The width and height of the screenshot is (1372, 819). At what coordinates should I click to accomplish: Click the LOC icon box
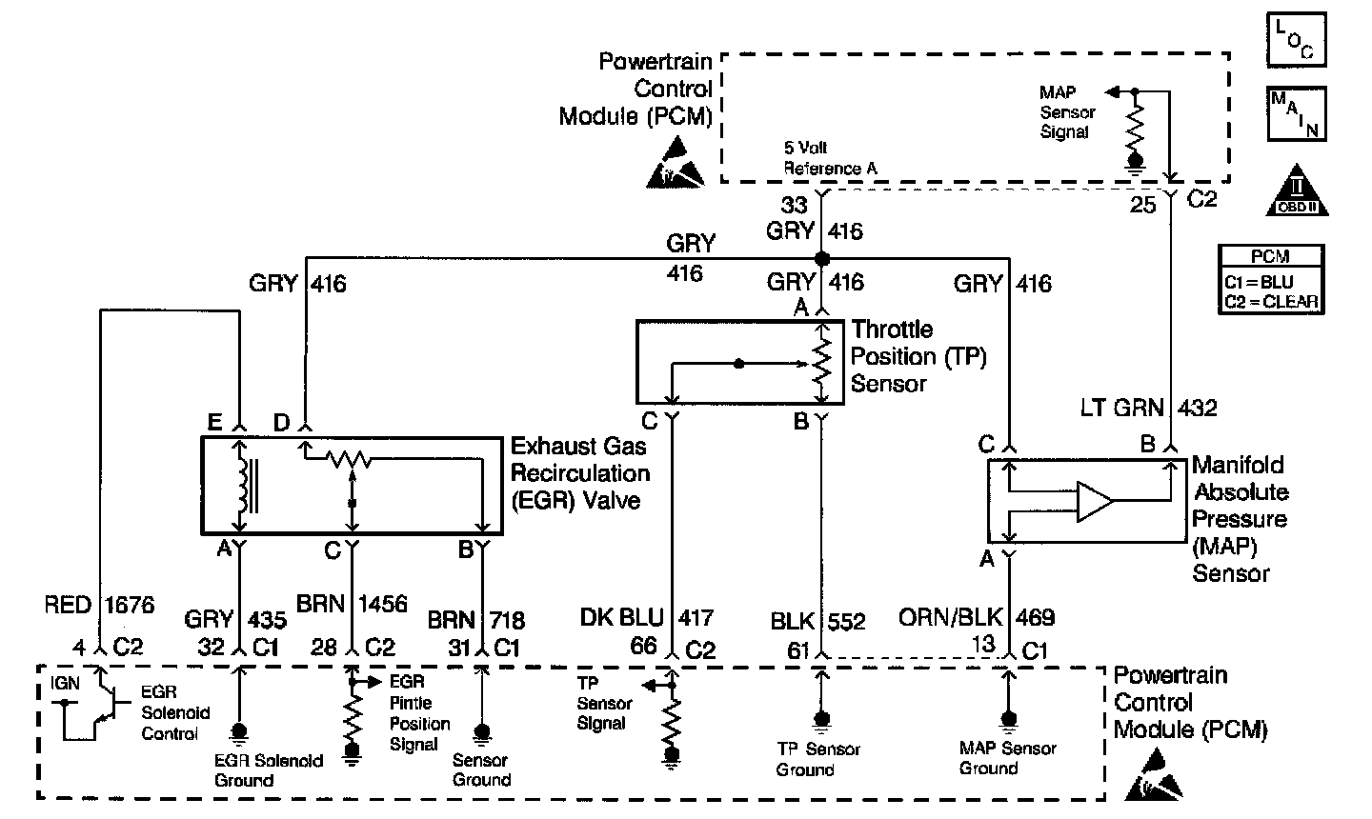(1296, 41)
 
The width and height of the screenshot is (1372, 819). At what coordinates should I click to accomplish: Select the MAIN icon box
(1296, 114)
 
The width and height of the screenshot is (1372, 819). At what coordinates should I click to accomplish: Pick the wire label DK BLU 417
(646, 618)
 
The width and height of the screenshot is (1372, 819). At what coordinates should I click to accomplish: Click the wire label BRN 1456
(353, 605)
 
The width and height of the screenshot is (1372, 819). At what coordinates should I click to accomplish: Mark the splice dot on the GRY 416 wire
(821, 258)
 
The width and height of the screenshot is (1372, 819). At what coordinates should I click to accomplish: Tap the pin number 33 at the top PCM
(794, 205)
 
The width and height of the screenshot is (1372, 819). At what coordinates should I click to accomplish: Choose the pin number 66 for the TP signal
(643, 646)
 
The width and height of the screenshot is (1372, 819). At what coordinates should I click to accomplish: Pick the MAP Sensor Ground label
(1007, 758)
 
